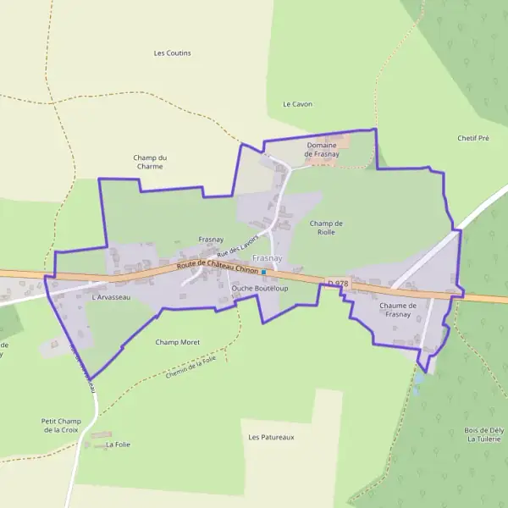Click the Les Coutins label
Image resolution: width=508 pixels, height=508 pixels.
tap(172, 52)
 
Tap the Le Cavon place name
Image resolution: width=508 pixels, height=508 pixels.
tap(297, 104)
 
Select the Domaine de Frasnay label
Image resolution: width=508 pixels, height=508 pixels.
tap(322, 150)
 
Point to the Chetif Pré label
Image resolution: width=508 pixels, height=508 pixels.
tap(473, 138)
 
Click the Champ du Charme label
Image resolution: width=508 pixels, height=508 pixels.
tap(149, 162)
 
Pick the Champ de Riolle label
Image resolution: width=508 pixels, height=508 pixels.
tap(326, 227)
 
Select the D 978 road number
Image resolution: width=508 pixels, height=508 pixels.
tap(337, 283)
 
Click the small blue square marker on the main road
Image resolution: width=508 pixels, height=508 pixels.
tap(264, 272)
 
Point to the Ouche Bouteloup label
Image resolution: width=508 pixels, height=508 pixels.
tap(260, 288)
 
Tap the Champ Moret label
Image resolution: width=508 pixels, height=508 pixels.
tap(178, 342)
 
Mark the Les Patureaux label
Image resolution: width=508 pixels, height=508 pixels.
tap(271, 437)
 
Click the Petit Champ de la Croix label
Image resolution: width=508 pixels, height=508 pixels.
tap(61, 425)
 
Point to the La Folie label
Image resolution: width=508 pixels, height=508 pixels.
tap(119, 444)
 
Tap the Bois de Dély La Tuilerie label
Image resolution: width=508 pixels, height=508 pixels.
tap(484, 434)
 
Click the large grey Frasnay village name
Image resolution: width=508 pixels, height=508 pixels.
tap(268, 257)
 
